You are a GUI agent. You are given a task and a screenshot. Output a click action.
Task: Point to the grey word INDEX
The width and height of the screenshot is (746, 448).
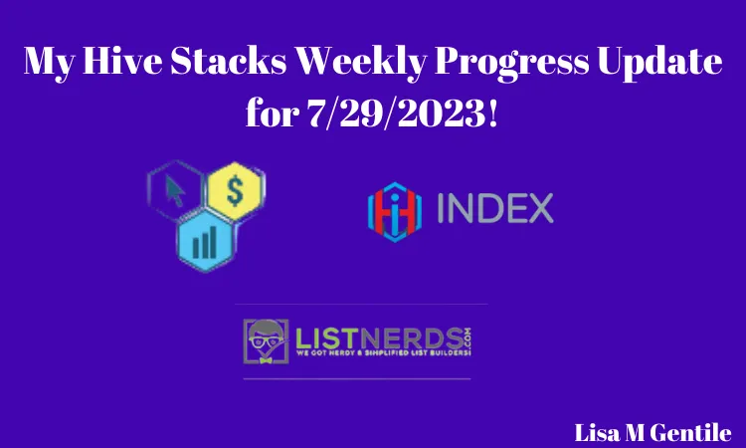pos(493,209)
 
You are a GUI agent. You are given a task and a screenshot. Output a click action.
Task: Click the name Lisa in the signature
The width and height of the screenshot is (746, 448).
pos(597,432)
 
